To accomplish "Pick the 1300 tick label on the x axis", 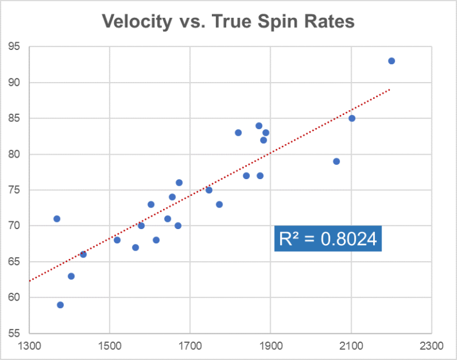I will tap(29, 346).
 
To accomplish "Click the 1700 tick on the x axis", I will tap(190, 346).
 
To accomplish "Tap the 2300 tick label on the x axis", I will tap(431, 346).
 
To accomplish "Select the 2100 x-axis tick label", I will tap(350, 346).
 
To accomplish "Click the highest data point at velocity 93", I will tap(392, 61).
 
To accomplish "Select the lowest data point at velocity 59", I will tap(60, 305).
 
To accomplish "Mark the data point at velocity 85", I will tap(352, 118).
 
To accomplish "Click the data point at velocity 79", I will tap(336, 161).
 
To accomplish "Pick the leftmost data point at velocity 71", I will tap(57, 218).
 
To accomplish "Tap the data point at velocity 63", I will tap(71, 276).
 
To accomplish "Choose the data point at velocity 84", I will tap(259, 126).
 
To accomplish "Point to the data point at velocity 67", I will tap(135, 248).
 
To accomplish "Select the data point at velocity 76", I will tap(179, 183).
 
